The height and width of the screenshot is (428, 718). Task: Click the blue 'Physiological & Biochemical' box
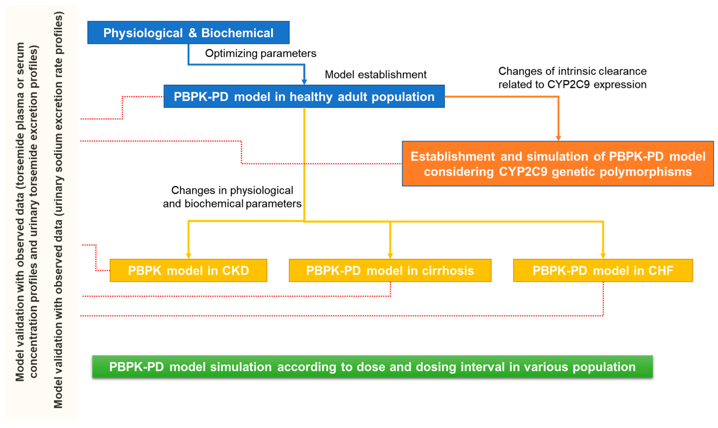pos(188,33)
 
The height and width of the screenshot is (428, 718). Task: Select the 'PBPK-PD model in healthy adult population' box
pos(304,96)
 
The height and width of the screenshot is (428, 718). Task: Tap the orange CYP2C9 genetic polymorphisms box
pos(558,163)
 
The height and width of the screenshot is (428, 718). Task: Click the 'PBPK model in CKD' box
pos(188,270)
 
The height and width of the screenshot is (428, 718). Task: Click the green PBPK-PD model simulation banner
pos(372,366)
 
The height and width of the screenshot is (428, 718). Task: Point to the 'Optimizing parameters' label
pos(260,53)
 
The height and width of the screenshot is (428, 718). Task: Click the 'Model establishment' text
pos(375,75)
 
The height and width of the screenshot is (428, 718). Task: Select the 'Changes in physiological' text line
pos(232,190)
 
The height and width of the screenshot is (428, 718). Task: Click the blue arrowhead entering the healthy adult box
pos(304,82)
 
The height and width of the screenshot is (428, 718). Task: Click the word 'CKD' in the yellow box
pos(235,270)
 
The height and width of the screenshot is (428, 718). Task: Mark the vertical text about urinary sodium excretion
pos(58,210)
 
